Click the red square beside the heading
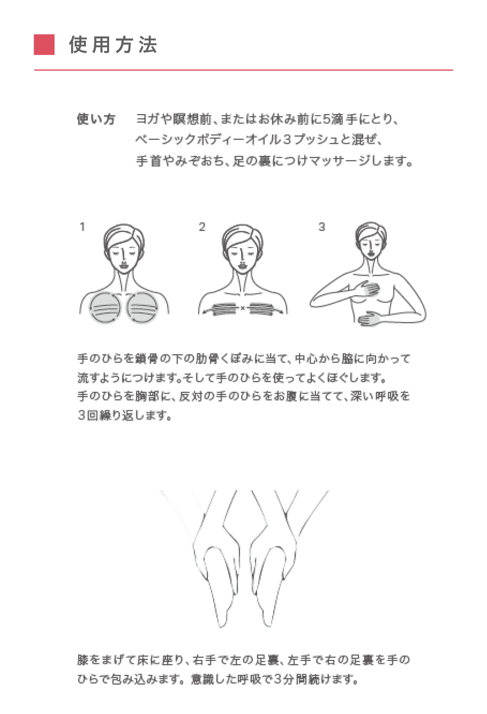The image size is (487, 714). pos(44,45)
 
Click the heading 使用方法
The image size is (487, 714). pos(113,45)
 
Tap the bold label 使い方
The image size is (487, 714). pos(96,119)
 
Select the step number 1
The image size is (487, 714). pos(82,227)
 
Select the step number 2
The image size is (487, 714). pos(202,227)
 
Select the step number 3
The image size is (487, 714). pos(322,227)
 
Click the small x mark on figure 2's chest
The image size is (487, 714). pos(243,308)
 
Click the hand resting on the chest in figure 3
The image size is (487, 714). pos(370,289)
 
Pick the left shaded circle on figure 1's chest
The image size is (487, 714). pos(105,307)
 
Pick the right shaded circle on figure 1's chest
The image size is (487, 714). pos(142,307)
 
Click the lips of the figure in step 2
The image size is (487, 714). pos(243,265)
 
